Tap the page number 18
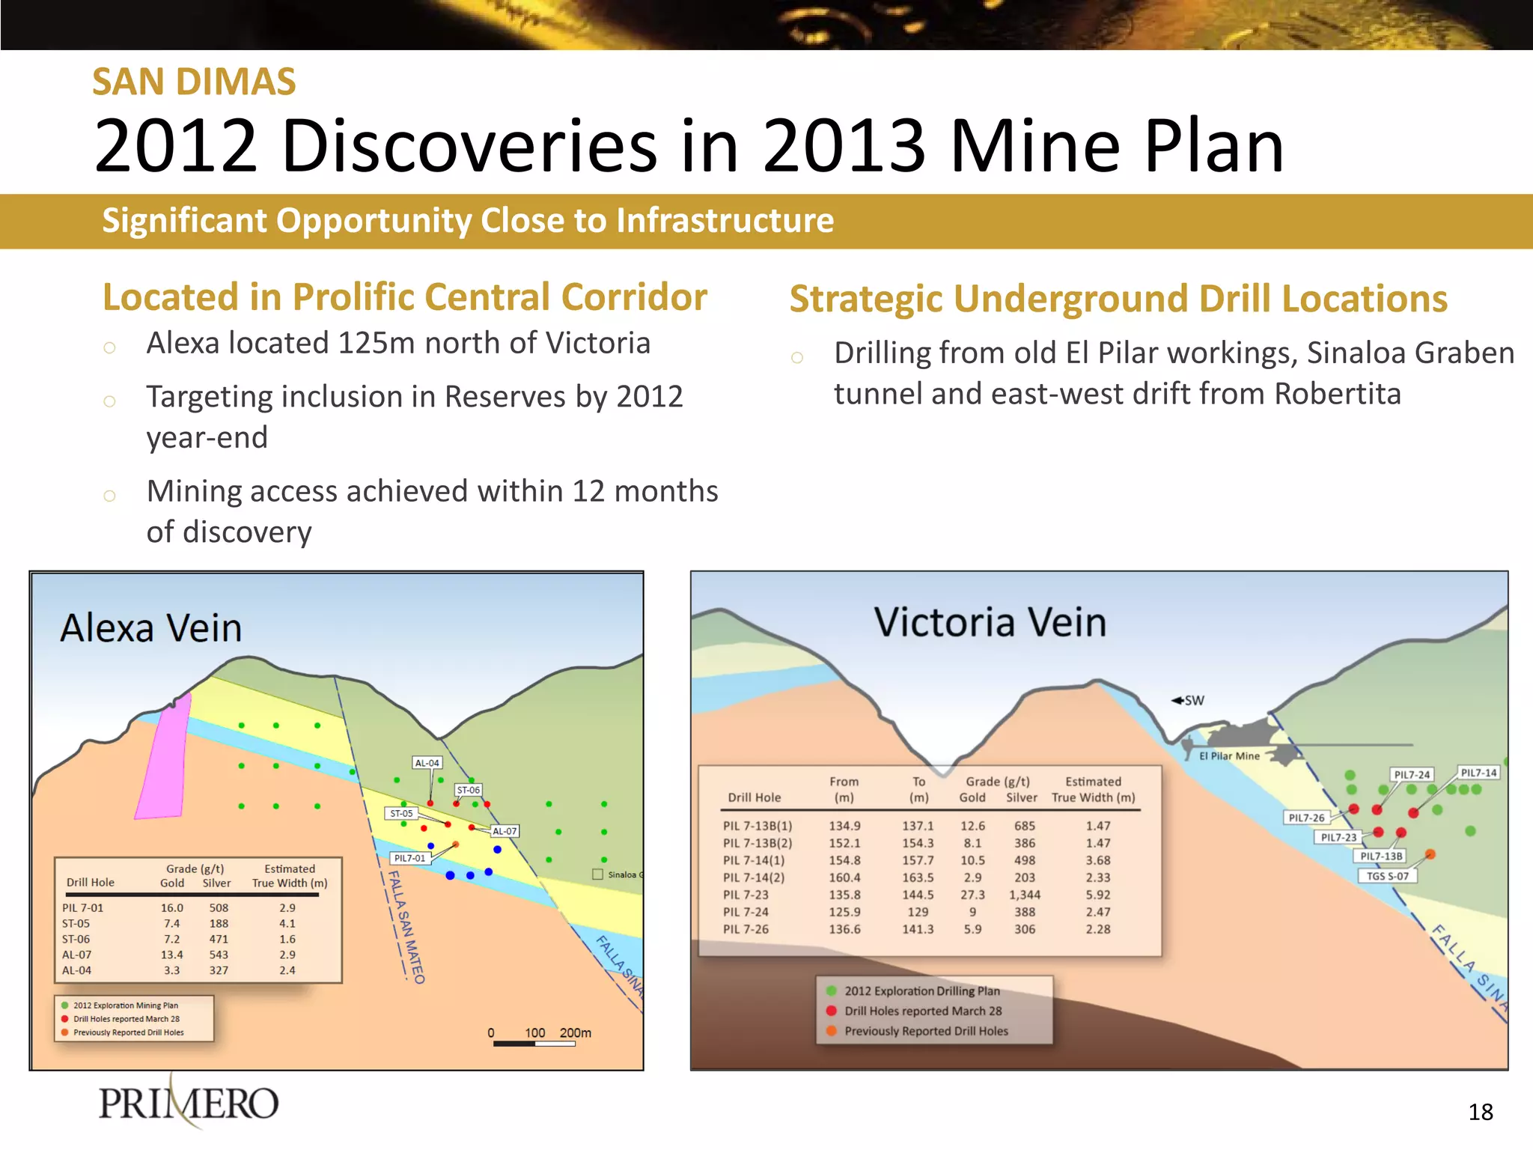(x=1480, y=1112)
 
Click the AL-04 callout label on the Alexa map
(x=427, y=763)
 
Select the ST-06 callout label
(x=469, y=790)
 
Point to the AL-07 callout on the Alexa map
(x=505, y=831)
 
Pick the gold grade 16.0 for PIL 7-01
(x=171, y=907)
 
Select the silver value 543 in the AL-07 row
(x=219, y=955)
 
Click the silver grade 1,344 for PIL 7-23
(x=1024, y=895)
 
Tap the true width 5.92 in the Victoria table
(x=1098, y=895)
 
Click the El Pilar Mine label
(x=1229, y=756)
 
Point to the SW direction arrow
(x=1188, y=701)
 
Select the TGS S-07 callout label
(x=1387, y=876)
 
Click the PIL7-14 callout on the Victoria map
(x=1478, y=773)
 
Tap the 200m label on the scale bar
(x=575, y=1032)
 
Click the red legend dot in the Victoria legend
(x=831, y=1011)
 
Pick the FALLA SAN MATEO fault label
(x=406, y=926)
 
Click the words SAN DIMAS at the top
(x=194, y=82)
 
